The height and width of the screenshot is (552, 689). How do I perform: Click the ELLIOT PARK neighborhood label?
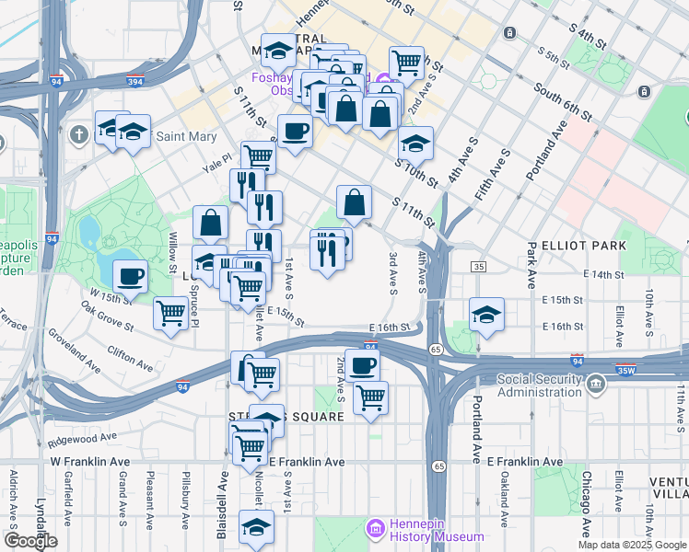point(584,246)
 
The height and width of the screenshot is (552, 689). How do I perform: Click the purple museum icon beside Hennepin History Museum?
point(375,530)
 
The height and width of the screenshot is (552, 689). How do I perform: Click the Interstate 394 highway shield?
point(134,81)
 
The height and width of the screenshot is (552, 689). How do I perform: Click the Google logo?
point(30,541)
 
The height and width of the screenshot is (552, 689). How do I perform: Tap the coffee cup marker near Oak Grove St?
point(130,275)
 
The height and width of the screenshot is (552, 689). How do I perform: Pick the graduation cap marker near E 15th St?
point(486,313)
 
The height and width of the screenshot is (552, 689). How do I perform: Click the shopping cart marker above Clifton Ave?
point(171,315)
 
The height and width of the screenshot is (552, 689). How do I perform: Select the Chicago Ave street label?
point(585,503)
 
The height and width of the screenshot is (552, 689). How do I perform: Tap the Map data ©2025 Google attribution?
point(632,545)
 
